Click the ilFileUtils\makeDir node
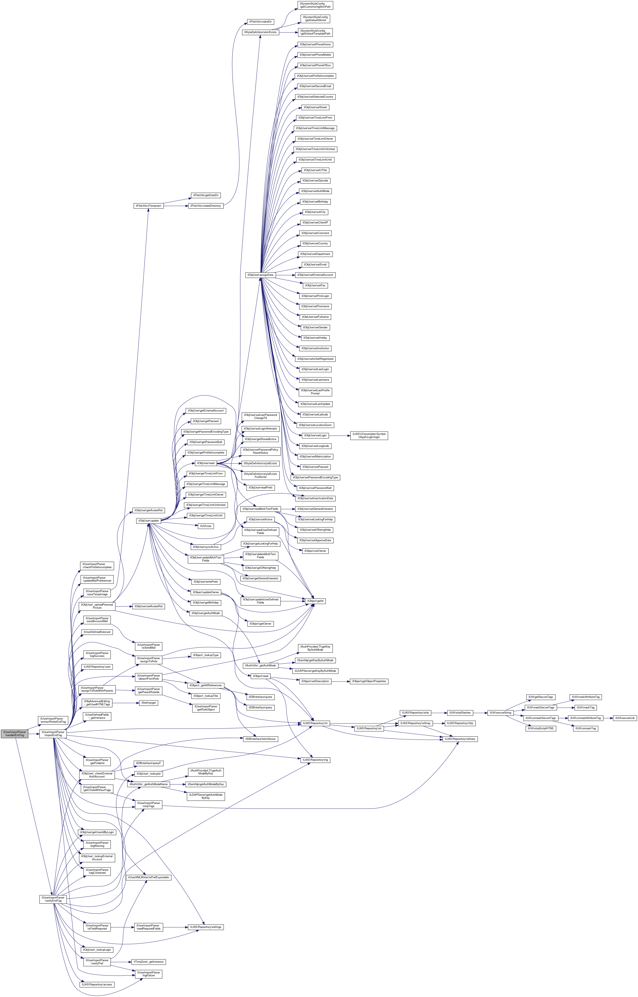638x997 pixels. point(260,22)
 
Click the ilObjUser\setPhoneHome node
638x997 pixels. point(315,44)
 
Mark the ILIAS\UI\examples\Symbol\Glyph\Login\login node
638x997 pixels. point(369,435)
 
